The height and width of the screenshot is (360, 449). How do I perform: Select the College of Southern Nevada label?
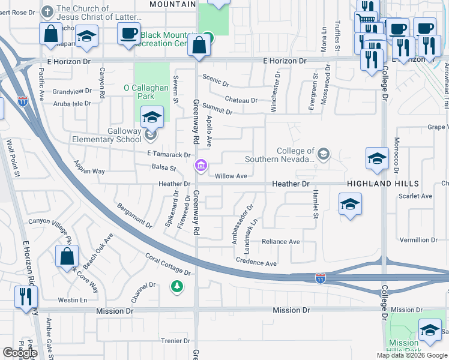tap(280, 155)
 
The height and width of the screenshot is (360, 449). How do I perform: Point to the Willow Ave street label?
tap(231, 176)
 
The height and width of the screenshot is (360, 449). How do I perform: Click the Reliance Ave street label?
tap(280, 242)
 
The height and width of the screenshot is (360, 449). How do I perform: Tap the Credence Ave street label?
tap(256, 263)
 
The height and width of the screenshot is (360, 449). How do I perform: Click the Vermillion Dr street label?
tap(419, 240)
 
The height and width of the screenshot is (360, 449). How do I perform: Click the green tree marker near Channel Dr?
tap(176, 286)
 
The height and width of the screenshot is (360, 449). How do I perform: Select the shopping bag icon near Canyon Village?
tap(66, 256)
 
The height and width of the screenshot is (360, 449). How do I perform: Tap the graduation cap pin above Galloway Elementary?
tap(152, 117)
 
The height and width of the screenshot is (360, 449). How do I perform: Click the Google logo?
tap(20, 353)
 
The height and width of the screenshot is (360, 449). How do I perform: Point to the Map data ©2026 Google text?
tap(411, 355)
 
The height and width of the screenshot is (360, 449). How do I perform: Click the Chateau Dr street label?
tap(241, 100)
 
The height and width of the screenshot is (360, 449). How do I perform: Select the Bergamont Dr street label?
tap(134, 214)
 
